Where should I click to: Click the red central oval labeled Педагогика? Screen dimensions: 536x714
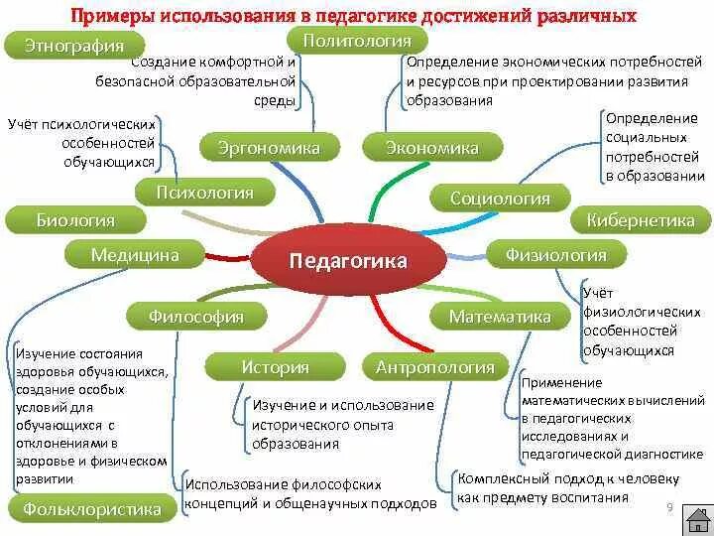347,261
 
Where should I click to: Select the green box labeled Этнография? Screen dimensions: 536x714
73,46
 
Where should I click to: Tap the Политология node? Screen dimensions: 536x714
357,40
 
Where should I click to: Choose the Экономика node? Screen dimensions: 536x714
432,148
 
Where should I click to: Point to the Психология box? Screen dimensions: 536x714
205,193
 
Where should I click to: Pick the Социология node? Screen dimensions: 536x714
500,199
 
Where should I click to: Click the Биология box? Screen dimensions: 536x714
75,220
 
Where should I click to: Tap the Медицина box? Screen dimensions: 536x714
135,255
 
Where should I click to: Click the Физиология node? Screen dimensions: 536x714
556,255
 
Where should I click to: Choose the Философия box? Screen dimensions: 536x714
195,317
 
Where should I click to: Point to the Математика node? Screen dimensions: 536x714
500,317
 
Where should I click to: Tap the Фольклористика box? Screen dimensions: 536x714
85,510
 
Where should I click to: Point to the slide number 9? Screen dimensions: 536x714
669,508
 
